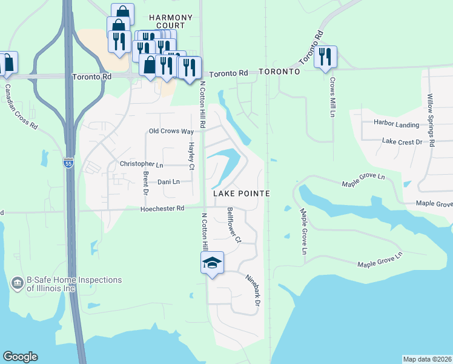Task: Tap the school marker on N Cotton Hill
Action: click(x=212, y=263)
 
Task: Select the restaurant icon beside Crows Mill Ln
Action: click(x=326, y=57)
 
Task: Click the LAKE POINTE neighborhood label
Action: click(x=241, y=193)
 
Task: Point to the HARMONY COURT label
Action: click(x=170, y=21)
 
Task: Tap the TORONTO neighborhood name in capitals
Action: click(x=279, y=72)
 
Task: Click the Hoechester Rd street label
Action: click(x=162, y=208)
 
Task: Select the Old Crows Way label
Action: click(x=171, y=132)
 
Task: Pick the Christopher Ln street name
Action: click(x=142, y=164)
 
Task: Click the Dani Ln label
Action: click(x=168, y=181)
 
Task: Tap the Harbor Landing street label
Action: click(x=397, y=125)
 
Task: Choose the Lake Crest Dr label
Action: click(x=402, y=141)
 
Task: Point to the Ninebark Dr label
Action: click(x=253, y=290)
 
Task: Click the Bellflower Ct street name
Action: click(x=234, y=225)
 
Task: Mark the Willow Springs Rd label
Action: click(x=431, y=121)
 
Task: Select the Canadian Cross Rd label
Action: click(x=21, y=107)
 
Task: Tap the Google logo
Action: click(x=20, y=357)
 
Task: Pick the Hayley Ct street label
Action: click(x=191, y=156)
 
